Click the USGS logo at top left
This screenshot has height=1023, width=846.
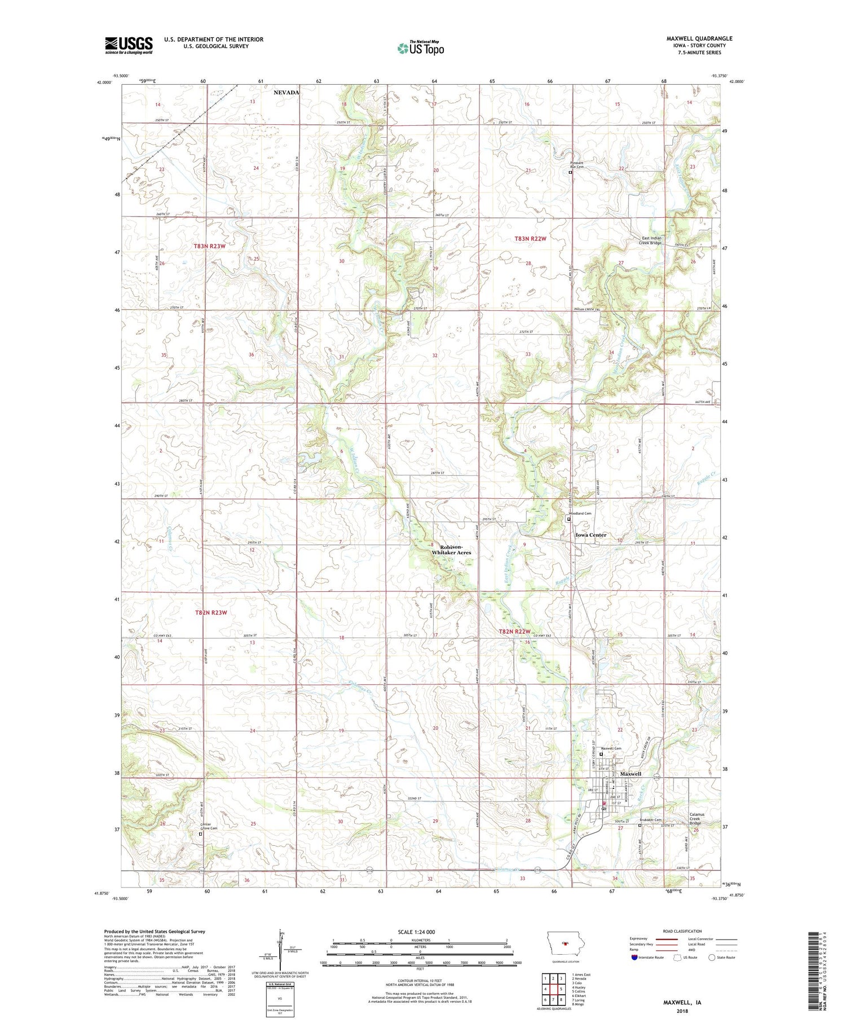click(129, 45)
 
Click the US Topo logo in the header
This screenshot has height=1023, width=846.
click(420, 49)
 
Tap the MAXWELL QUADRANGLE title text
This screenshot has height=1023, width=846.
click(699, 38)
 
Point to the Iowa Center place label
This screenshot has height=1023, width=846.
click(591, 535)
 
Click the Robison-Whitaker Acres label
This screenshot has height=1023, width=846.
click(451, 550)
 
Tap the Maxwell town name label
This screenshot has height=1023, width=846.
click(631, 774)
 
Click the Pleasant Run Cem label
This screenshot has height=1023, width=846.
click(576, 165)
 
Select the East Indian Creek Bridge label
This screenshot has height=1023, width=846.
click(651, 240)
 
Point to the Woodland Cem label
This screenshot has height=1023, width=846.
click(581, 513)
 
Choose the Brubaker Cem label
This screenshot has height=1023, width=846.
click(650, 820)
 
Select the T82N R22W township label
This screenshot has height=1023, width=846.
click(515, 631)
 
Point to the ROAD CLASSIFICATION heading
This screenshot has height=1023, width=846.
click(682, 931)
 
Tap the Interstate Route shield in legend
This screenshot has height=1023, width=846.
click(634, 958)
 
